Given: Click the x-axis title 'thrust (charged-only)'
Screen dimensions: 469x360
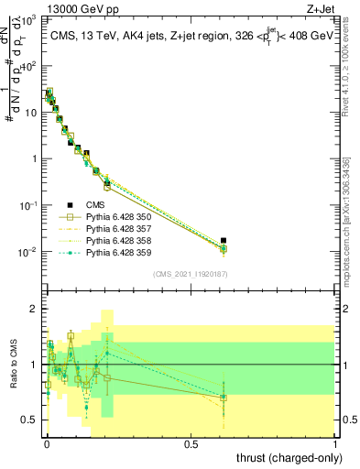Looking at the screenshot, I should pyautogui.click(x=287, y=457).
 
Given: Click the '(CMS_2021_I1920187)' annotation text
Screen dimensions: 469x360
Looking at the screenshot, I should pyautogui.click(x=191, y=274).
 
